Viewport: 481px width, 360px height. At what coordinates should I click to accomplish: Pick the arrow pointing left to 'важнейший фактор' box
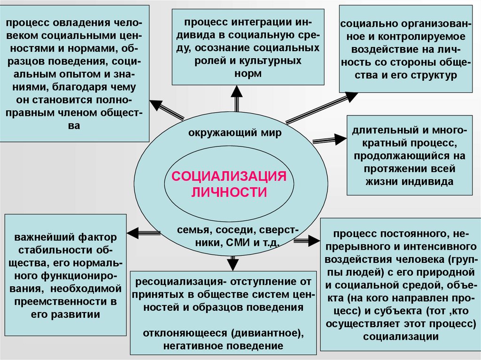coord(144,232)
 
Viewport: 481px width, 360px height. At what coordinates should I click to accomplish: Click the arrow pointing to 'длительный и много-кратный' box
coord(329,139)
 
